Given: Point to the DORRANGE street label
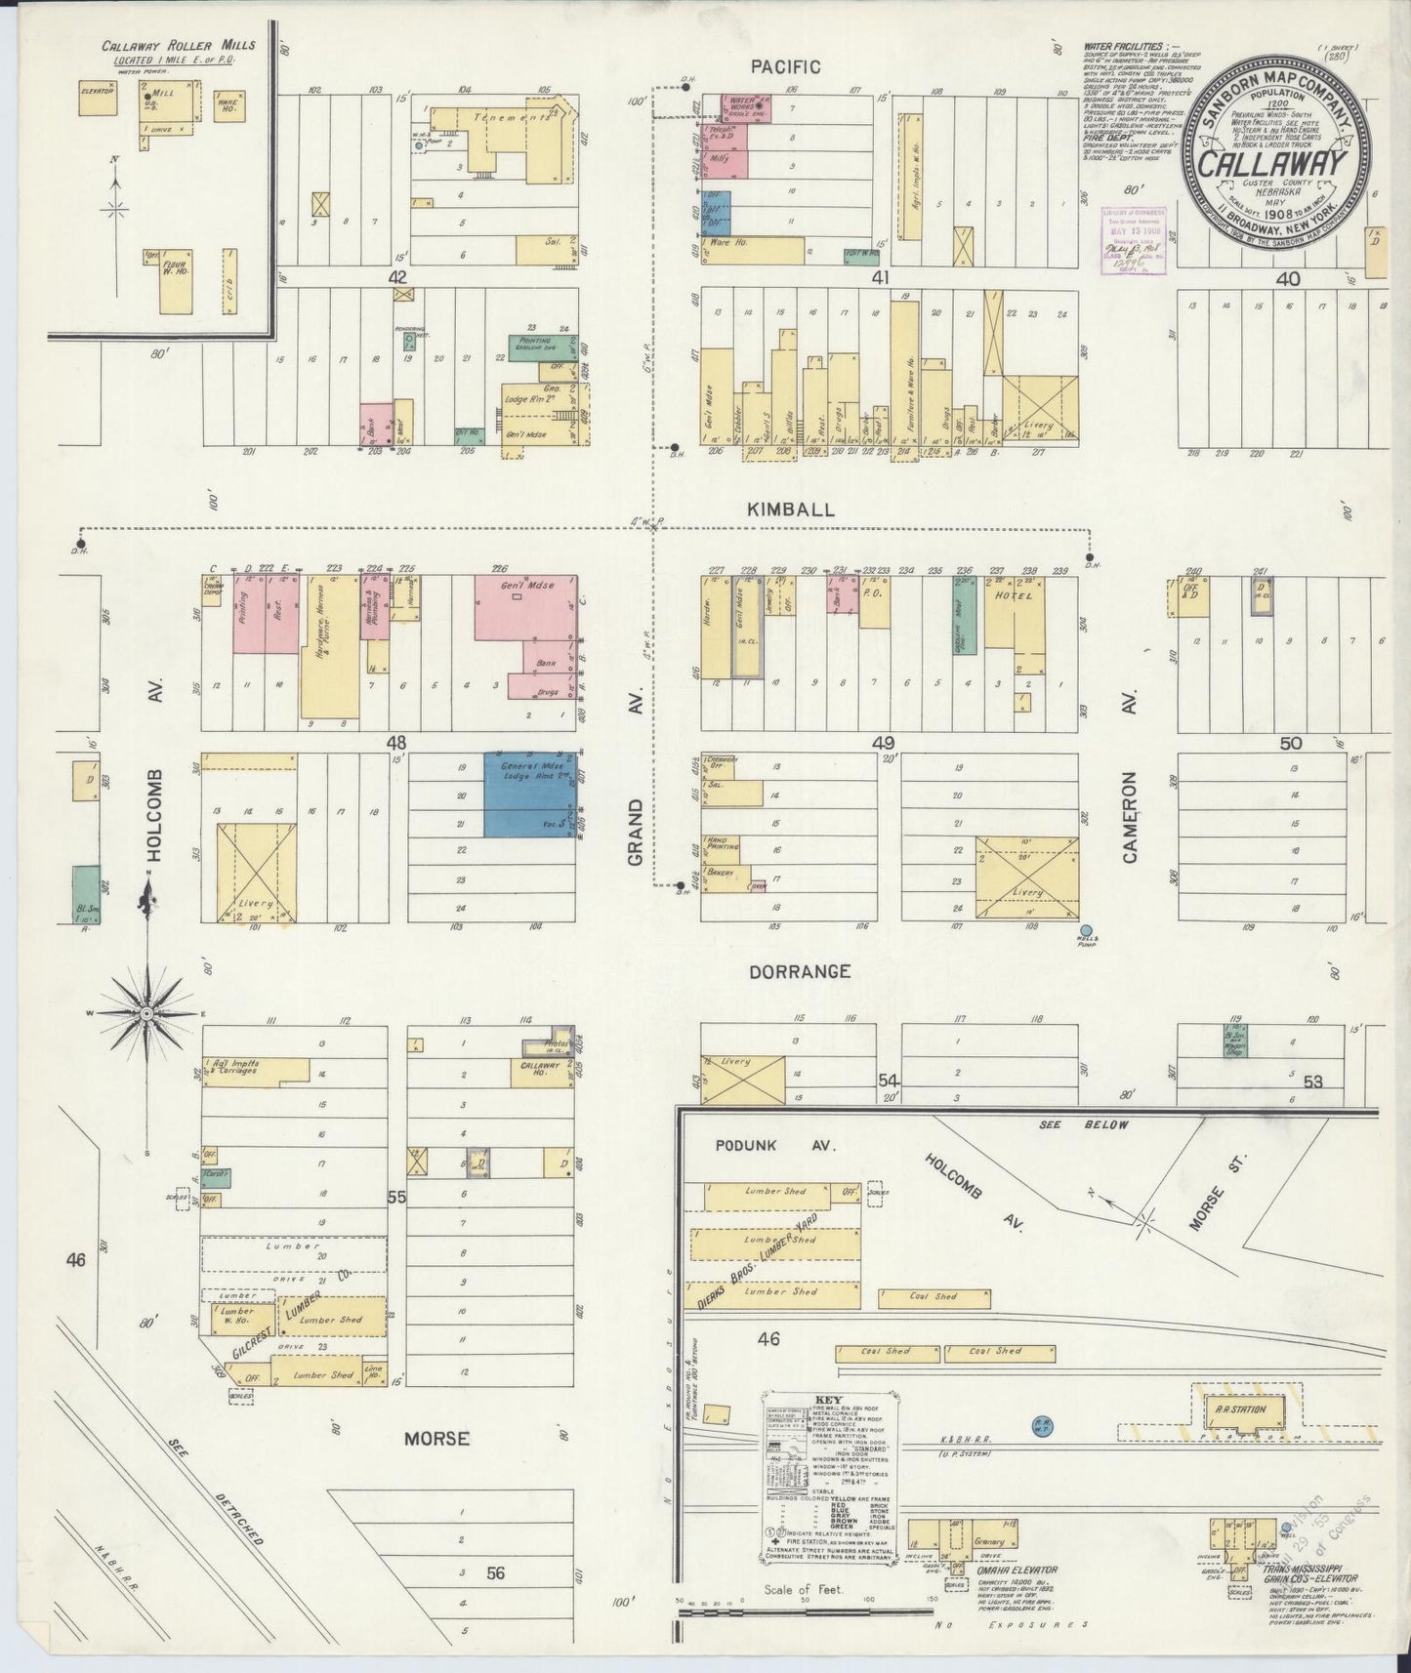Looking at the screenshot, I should [801, 972].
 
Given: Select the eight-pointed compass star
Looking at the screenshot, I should [145, 1014].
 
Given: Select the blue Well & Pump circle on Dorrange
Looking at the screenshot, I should [1086, 930].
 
